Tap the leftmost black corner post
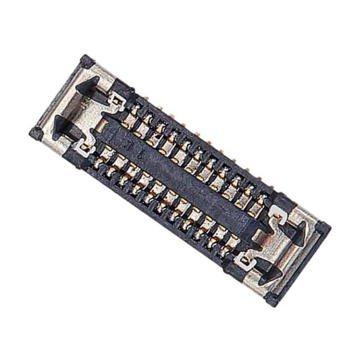36,132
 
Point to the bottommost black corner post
272,298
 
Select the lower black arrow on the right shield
269,269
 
